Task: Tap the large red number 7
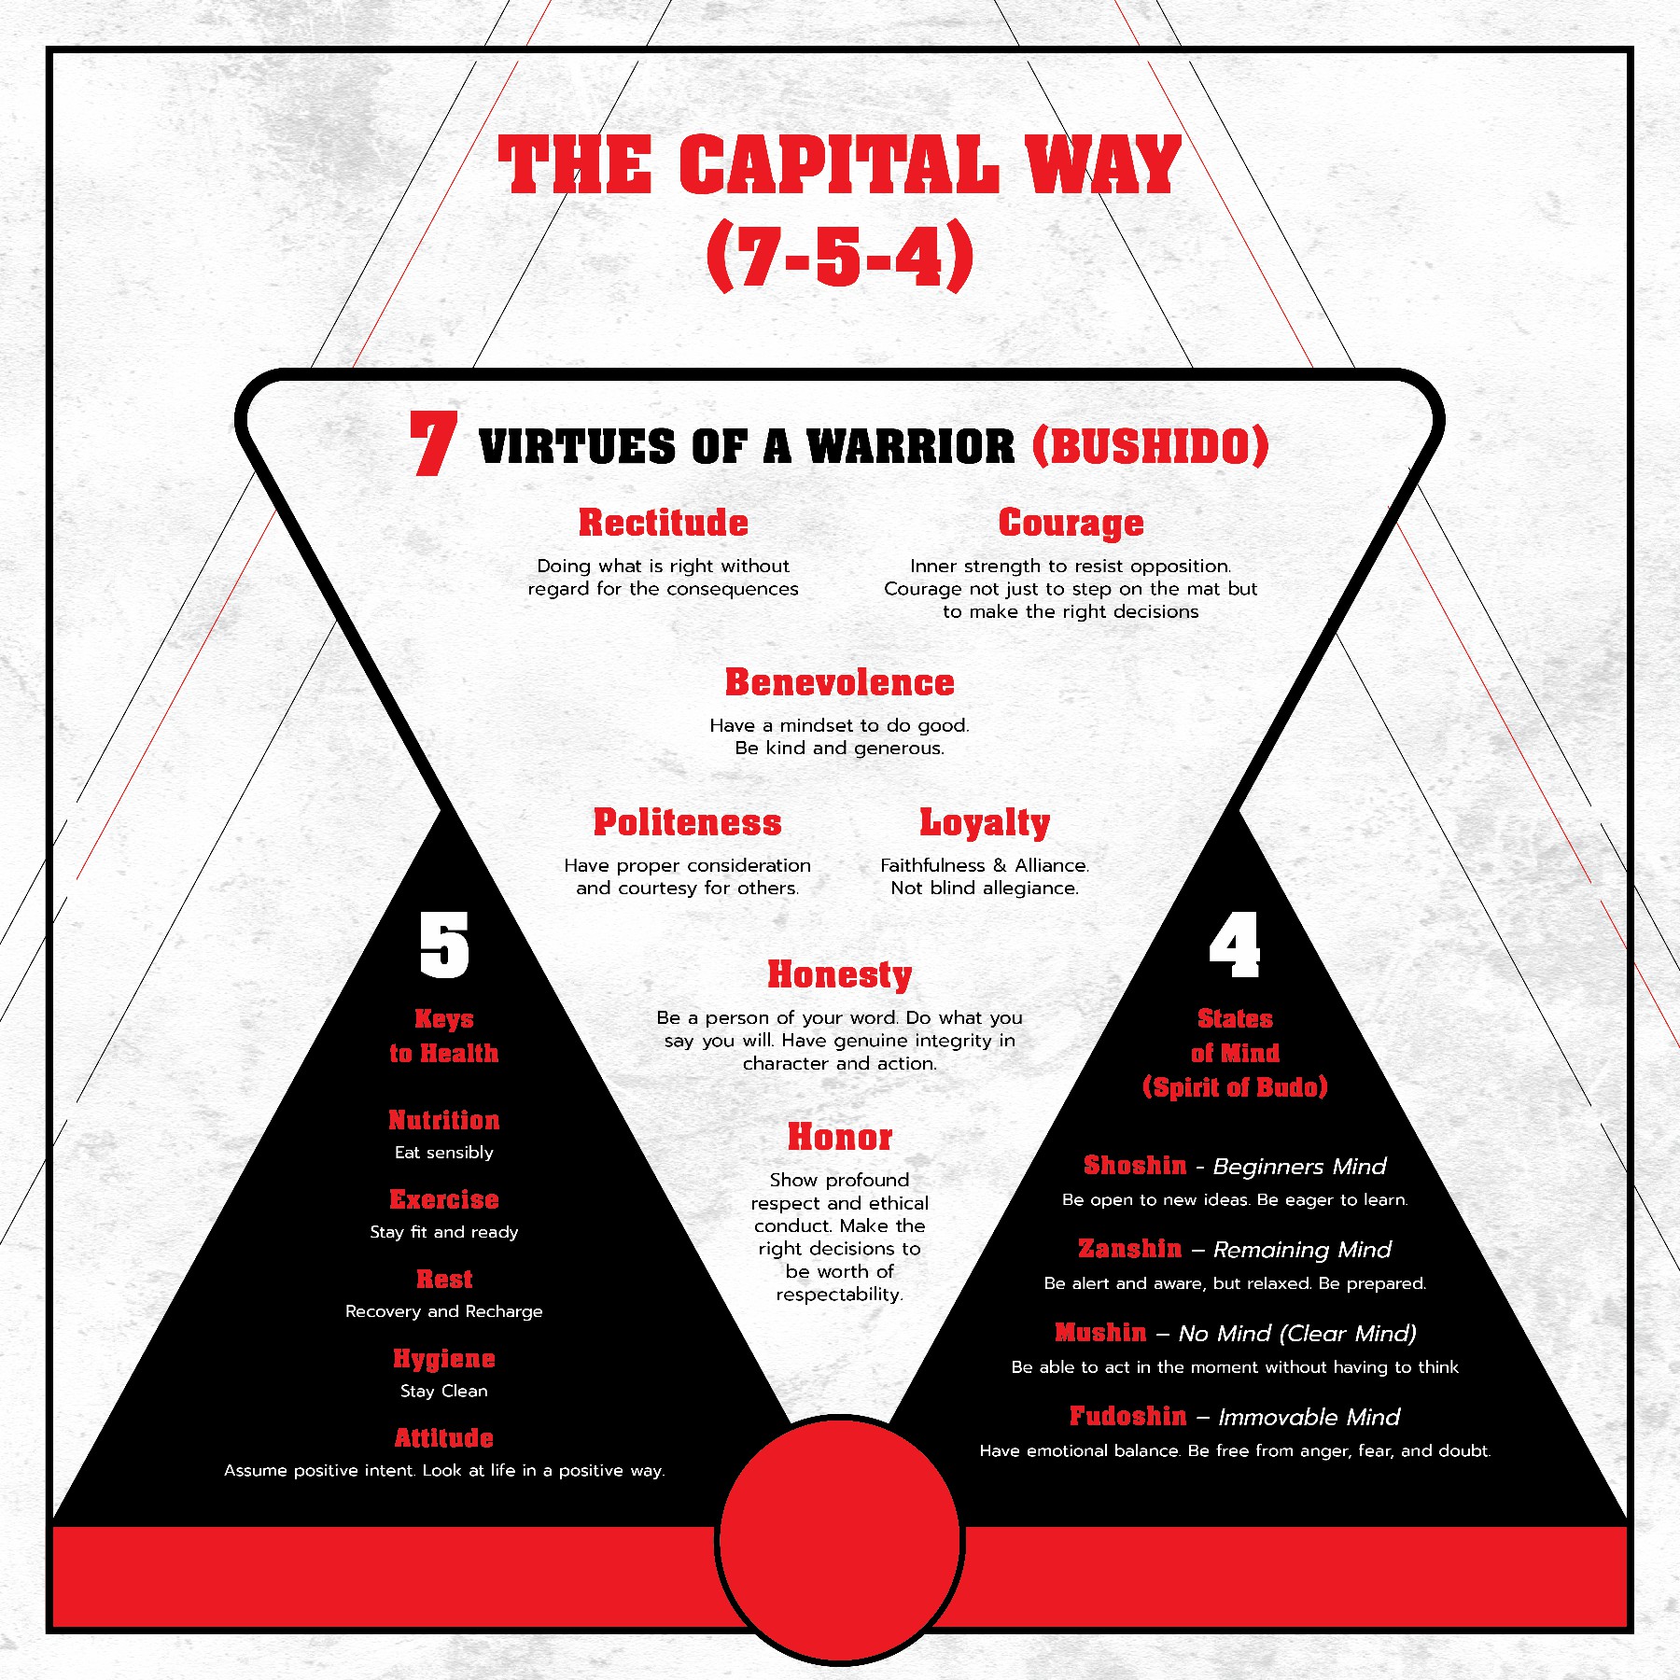[433, 443]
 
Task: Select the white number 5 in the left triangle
[444, 945]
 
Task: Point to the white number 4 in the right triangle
[1235, 945]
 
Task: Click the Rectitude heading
[664, 523]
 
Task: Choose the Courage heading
[1071, 524]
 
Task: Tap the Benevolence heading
[840, 682]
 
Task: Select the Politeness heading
[688, 822]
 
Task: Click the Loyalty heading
[985, 823]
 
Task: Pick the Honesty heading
[840, 974]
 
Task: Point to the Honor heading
[840, 1137]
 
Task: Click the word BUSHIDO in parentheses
[1151, 445]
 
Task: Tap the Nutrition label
[444, 1120]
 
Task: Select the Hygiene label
[444, 1359]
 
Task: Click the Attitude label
[444, 1437]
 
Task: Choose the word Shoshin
[1135, 1165]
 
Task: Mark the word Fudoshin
[1128, 1416]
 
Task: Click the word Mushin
[1100, 1332]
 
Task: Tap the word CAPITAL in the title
[839, 164]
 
